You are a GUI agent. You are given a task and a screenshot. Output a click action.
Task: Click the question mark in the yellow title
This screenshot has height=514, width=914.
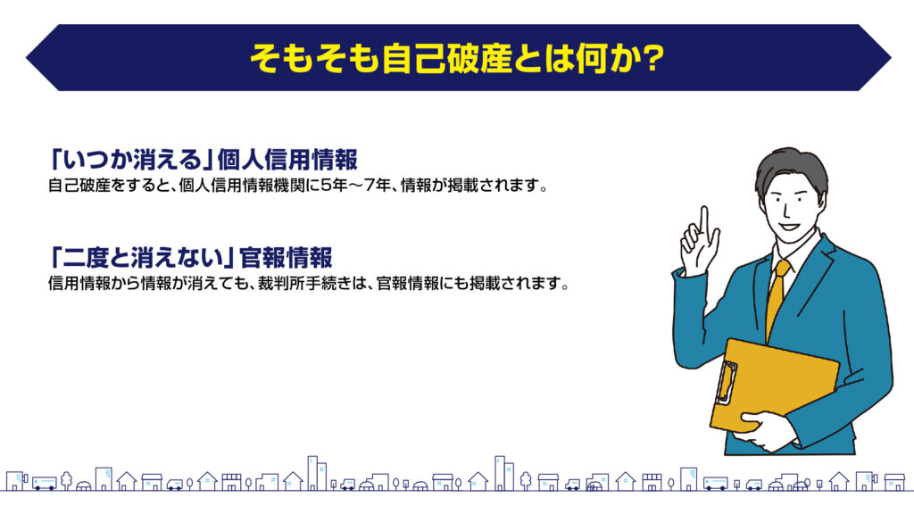(652, 58)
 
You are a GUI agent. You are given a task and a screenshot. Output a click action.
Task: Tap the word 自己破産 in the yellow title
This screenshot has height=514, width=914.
(446, 58)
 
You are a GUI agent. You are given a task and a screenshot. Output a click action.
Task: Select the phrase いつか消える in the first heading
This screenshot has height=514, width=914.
(133, 159)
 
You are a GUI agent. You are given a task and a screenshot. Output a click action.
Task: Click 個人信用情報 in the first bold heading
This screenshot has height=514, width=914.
(287, 159)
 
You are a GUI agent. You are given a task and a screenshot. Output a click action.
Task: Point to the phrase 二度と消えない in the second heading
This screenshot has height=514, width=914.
(144, 257)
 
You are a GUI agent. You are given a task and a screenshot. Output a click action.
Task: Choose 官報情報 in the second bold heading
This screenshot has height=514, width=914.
(286, 257)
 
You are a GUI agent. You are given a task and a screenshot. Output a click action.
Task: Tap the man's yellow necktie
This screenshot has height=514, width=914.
(776, 297)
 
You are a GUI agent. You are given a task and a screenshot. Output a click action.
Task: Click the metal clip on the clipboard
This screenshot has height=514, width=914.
(727, 382)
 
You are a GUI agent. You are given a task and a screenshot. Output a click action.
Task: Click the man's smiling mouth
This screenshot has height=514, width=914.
(788, 226)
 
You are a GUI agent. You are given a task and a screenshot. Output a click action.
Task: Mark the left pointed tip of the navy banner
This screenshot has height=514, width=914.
(26, 58)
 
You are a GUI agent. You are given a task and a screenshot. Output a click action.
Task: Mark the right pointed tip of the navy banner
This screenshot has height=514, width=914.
(892, 58)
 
